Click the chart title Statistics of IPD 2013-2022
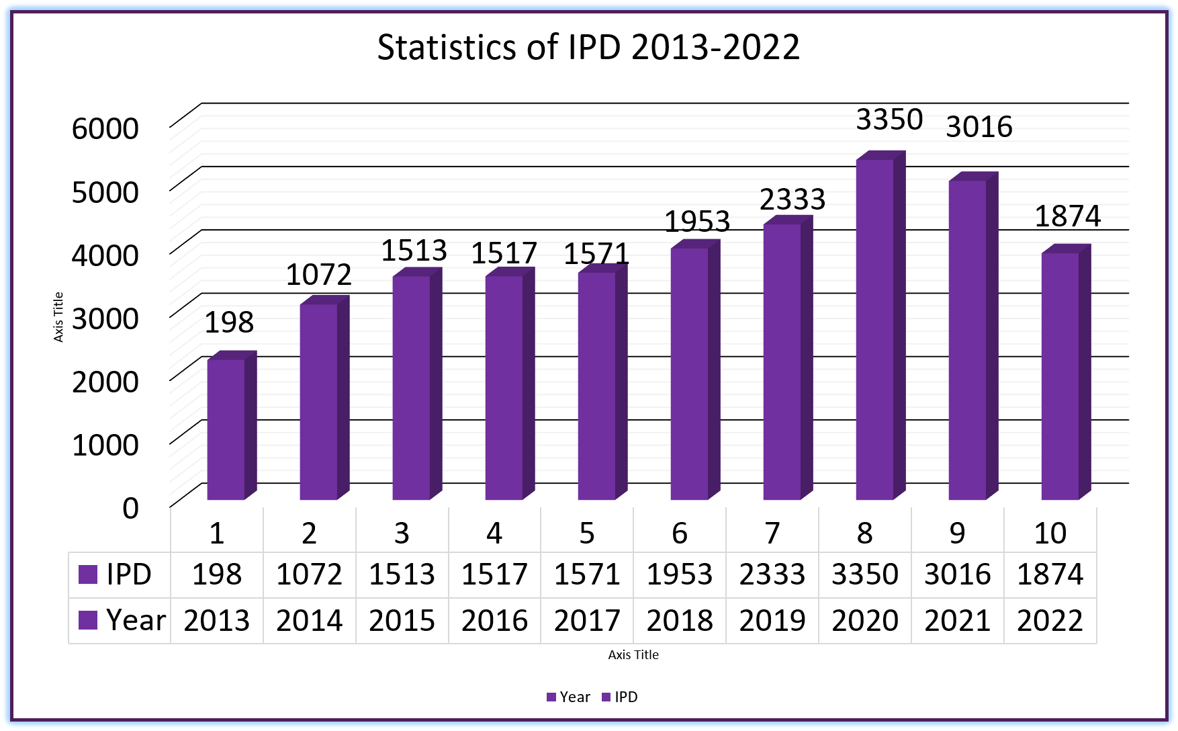588,47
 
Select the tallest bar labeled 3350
874,329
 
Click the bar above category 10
1060,376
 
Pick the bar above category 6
689,374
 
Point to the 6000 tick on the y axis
105,128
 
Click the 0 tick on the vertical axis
130,507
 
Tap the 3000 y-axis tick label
105,318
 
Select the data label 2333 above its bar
792,199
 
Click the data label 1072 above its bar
318,274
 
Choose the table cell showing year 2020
865,620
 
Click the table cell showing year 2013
216,620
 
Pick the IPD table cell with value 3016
958,574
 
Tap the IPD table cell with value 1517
494,574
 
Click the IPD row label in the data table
128,574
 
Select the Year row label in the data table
135,620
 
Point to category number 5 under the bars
587,533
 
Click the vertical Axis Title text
58,317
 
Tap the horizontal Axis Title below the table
633,654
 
